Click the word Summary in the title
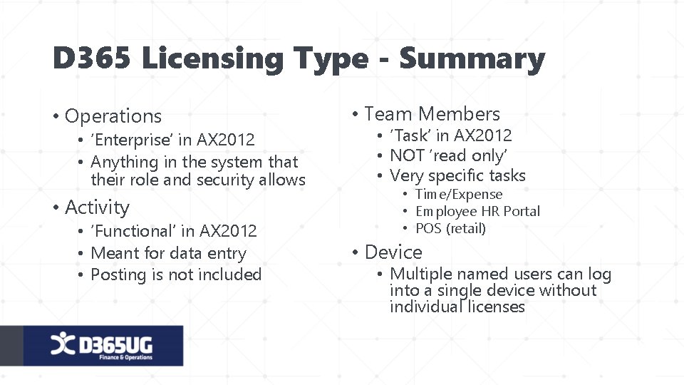coord(472,59)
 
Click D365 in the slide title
coord(92,59)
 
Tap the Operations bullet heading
coord(113,116)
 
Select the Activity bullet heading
coord(97,207)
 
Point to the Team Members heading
coord(432,114)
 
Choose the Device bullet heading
coord(393,252)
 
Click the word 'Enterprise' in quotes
coord(133,140)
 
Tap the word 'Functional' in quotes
coord(134,231)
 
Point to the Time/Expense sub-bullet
coord(459,194)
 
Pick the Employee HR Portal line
coord(477,211)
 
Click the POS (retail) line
coord(450,228)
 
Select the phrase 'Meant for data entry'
coord(168,253)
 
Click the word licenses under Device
coord(497,307)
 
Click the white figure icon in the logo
coord(61,344)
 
